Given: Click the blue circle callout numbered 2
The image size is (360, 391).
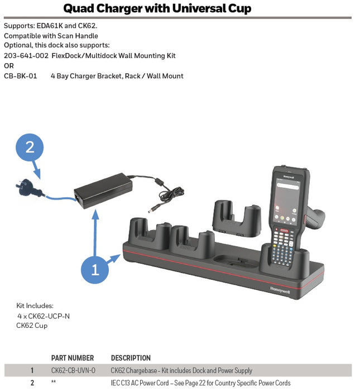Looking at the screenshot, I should (x=30, y=147).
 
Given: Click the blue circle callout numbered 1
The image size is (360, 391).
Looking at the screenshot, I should (x=95, y=270).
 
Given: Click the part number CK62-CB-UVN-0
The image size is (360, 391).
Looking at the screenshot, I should (x=73, y=370).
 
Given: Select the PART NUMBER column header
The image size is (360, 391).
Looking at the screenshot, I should (x=73, y=358).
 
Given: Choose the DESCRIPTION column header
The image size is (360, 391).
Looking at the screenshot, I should (x=131, y=358).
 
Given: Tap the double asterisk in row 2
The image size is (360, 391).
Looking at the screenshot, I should (x=54, y=383).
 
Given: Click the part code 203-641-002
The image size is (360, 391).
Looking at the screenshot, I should (x=26, y=56).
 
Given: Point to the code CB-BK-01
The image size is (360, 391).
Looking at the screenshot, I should (x=20, y=76).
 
